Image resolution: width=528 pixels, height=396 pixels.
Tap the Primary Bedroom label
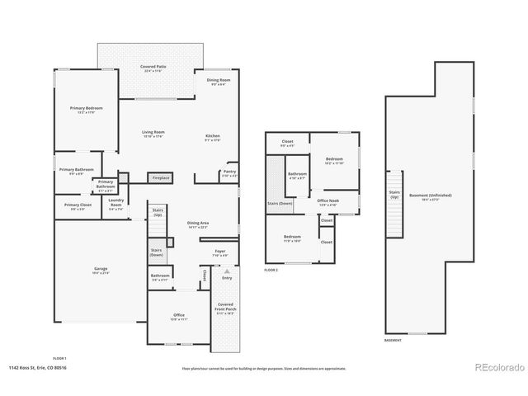[85, 109]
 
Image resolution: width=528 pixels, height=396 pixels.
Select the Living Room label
[153, 134]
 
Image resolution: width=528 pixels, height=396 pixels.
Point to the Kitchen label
[212, 137]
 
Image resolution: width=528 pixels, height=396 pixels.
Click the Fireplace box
[159, 177]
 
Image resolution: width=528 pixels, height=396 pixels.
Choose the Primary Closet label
[73, 206]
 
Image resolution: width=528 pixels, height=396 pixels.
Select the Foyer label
[220, 252]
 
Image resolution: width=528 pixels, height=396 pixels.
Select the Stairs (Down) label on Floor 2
[279, 203]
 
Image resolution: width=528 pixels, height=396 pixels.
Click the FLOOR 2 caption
[271, 270]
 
